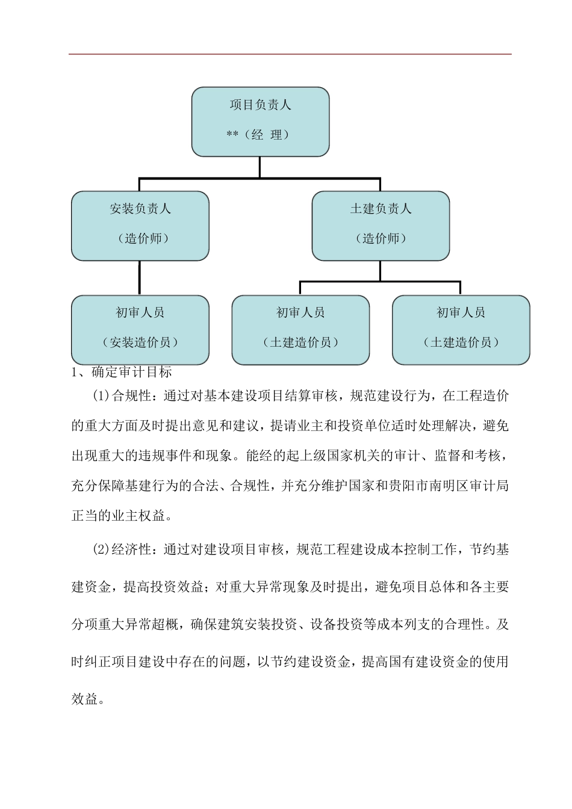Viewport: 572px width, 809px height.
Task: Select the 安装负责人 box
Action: point(140,225)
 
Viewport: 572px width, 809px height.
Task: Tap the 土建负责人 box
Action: point(381,225)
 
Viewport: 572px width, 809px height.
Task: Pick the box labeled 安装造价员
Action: point(140,329)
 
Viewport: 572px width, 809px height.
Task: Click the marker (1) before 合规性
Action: point(102,396)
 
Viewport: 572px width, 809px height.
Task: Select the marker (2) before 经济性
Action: point(102,550)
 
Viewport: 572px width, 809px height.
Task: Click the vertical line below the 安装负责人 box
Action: point(140,277)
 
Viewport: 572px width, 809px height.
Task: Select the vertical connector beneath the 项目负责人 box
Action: point(260,167)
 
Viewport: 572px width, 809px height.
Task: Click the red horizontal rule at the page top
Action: point(290,54)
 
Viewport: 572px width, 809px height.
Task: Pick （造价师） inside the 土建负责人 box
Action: point(381,239)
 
